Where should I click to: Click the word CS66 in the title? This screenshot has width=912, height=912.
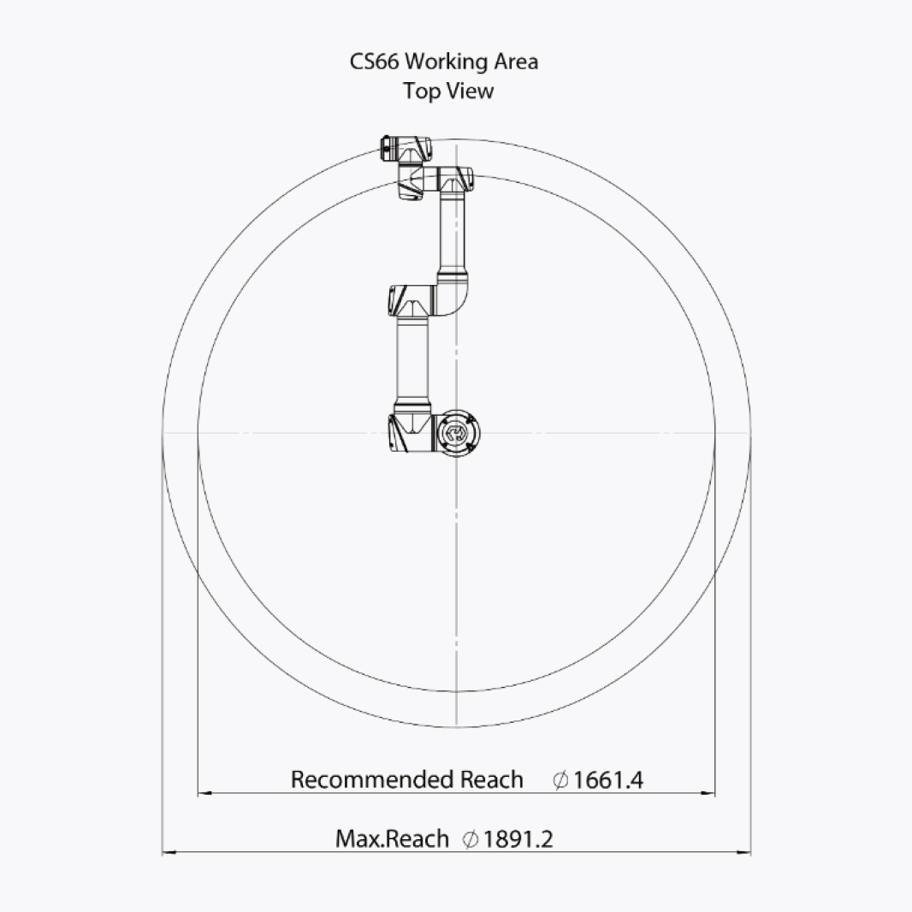click(374, 62)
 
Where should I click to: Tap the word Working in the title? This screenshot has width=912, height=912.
click(446, 62)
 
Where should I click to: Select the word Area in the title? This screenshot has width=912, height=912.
click(516, 62)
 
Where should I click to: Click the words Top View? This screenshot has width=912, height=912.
click(448, 92)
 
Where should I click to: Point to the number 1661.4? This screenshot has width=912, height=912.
click(608, 780)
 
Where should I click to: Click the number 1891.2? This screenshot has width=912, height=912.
click(518, 838)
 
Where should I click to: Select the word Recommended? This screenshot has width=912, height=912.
click(373, 779)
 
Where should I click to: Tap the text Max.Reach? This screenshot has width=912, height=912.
click(392, 838)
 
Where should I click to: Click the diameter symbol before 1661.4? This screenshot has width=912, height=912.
click(560, 780)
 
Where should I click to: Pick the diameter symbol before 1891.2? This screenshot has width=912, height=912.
click(470, 839)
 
